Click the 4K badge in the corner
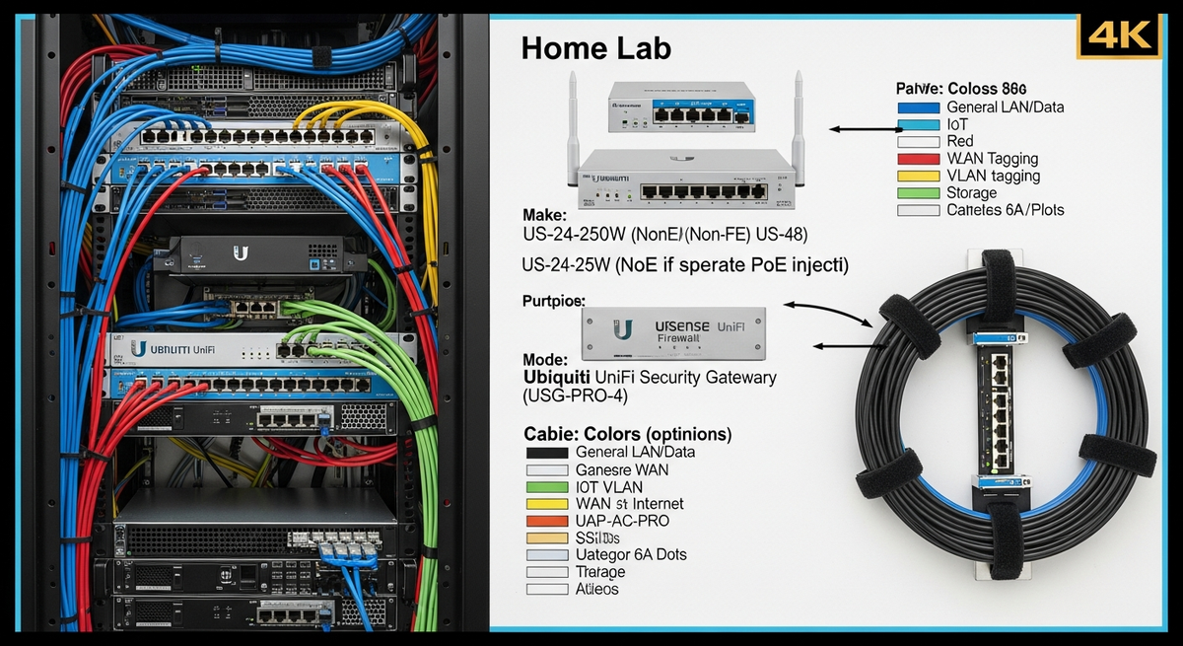(x=1122, y=36)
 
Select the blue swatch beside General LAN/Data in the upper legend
(x=919, y=108)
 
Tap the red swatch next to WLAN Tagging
(x=919, y=159)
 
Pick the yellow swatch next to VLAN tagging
(x=919, y=177)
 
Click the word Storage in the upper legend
(x=971, y=193)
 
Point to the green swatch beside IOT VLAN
(x=546, y=486)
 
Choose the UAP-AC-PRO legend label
(x=621, y=521)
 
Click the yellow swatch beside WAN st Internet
(x=546, y=504)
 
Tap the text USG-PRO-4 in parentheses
(x=575, y=396)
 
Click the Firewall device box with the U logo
(x=673, y=336)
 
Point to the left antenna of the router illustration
(x=572, y=108)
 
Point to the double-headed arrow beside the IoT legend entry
(x=864, y=128)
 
